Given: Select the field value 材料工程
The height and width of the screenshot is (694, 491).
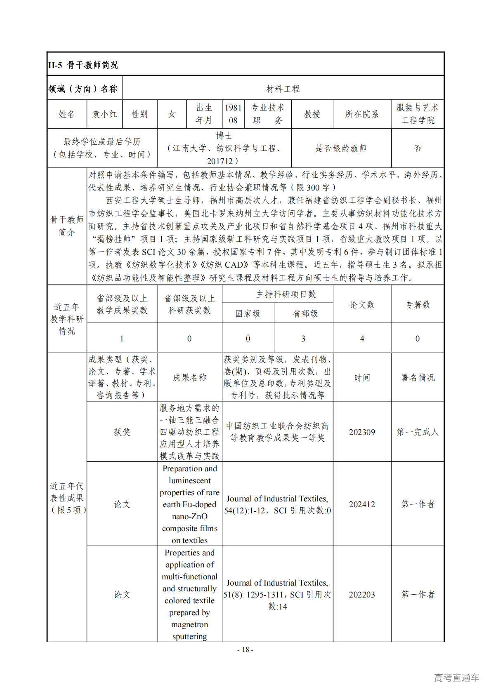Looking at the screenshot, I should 283,89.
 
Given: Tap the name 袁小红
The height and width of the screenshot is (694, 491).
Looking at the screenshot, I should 105,114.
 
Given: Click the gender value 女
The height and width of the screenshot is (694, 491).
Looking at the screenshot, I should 172,114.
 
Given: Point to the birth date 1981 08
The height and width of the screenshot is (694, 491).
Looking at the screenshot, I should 233,114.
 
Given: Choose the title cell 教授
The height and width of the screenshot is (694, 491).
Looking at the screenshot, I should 312,114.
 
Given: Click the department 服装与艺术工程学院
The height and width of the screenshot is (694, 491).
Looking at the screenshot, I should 418,114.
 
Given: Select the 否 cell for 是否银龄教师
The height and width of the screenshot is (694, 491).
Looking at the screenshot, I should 418,148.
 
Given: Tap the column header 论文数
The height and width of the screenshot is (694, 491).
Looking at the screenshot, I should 362,305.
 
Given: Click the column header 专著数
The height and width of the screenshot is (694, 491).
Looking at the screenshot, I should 418,305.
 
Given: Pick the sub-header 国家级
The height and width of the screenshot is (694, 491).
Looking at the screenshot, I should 248,314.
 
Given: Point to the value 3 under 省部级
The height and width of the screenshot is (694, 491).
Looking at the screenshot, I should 303,339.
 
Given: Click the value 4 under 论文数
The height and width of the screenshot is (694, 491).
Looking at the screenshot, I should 362,339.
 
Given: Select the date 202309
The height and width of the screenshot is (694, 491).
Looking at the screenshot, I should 362,432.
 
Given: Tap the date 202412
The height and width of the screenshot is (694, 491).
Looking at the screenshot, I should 362,504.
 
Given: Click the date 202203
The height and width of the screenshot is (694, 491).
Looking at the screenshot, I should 362,595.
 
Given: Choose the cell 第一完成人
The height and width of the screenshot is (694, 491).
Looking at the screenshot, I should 418,432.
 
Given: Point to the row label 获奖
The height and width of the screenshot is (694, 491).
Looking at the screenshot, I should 122,432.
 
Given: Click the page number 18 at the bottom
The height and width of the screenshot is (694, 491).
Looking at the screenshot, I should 245,650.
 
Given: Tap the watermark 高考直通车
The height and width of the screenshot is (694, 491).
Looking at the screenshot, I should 457,678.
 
